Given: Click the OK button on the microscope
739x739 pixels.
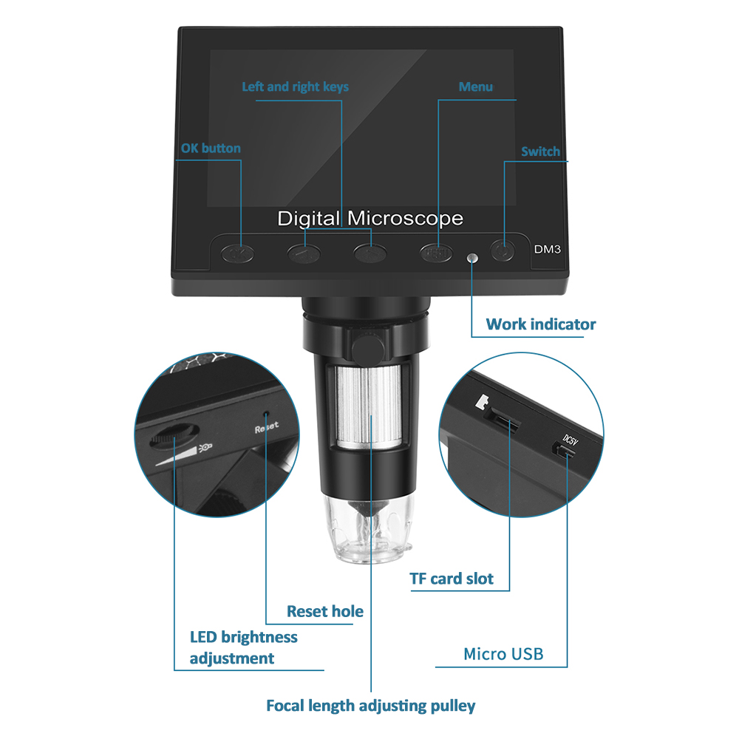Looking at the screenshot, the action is [x=237, y=254].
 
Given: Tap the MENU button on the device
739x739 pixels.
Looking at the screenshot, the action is [x=437, y=253].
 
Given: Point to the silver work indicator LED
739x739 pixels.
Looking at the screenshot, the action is [x=471, y=258].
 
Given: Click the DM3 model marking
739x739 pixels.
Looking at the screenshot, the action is [x=547, y=249].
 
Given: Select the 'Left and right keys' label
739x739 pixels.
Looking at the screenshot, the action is [x=296, y=87].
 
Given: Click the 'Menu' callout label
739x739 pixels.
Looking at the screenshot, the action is [x=475, y=86].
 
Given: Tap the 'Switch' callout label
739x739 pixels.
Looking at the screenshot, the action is [x=541, y=151].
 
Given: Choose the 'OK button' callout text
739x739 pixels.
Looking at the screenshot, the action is [x=211, y=149].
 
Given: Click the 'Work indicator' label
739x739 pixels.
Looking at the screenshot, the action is [x=541, y=324].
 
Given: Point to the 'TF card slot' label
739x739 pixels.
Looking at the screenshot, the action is [x=452, y=579].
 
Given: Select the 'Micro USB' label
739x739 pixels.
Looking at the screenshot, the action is [x=503, y=654].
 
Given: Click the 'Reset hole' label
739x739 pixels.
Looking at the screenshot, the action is [x=325, y=611].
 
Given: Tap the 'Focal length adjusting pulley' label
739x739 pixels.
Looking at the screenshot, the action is [x=371, y=706].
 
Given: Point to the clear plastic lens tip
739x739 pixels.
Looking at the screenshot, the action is [x=369, y=528].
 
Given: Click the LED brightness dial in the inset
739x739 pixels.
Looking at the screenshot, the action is [x=174, y=435].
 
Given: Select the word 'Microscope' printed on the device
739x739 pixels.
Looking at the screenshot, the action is [x=405, y=219].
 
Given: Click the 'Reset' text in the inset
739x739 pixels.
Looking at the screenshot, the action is [x=267, y=427].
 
